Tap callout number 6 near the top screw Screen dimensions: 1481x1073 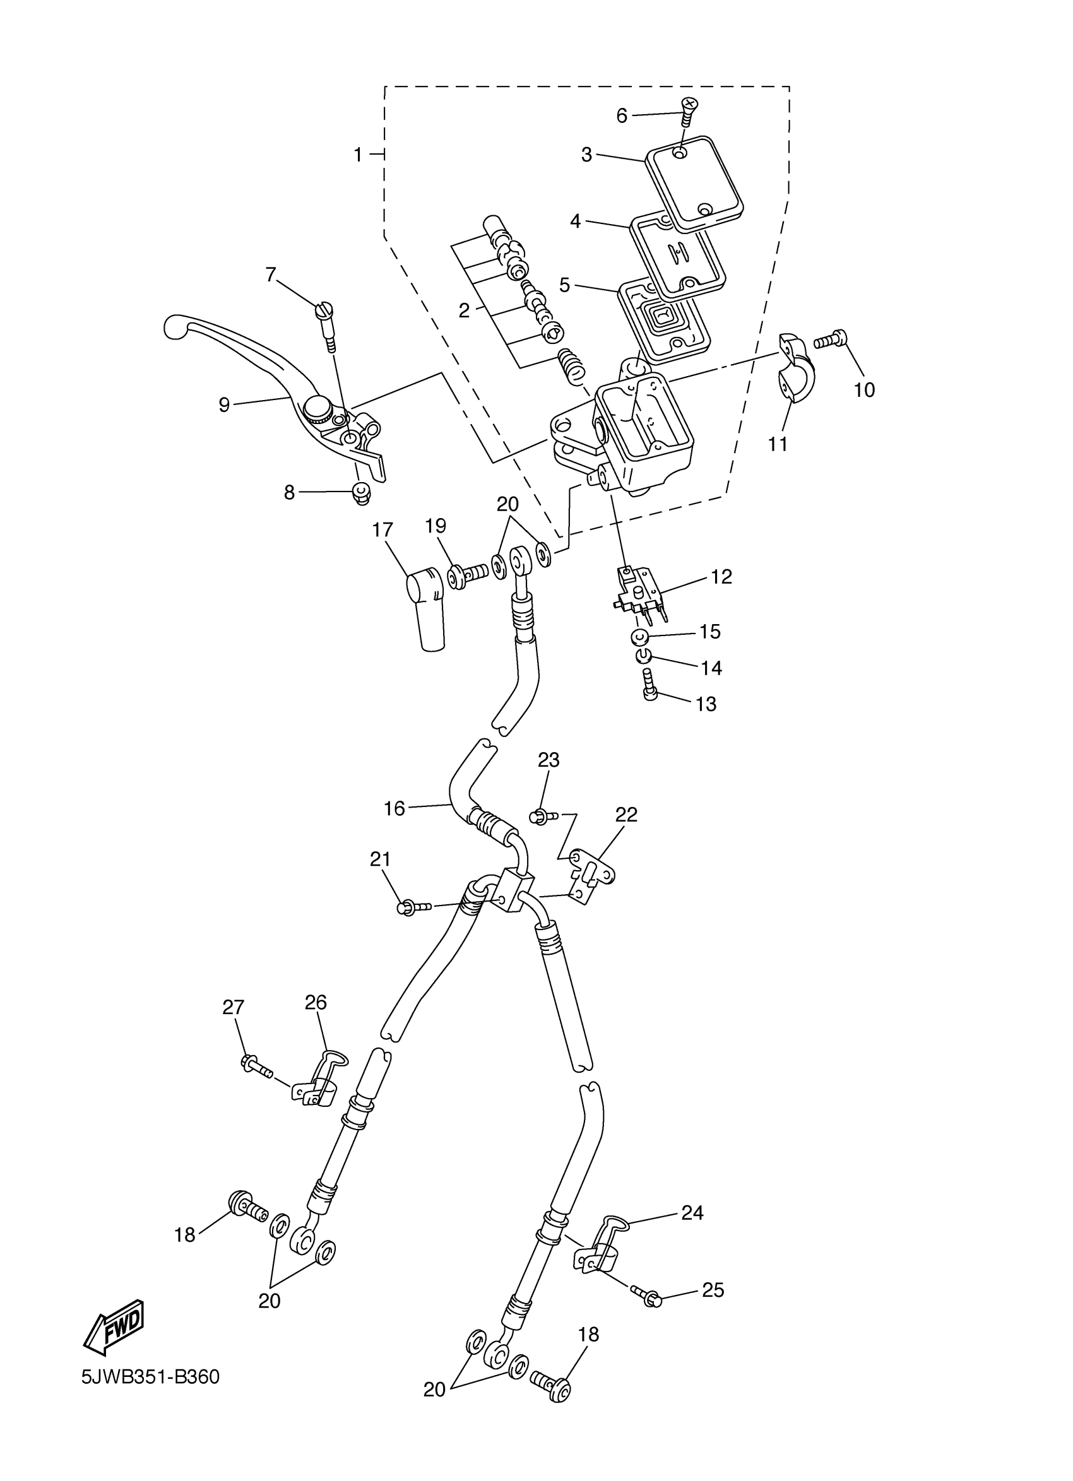point(621,116)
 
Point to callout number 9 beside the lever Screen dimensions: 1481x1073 point(224,405)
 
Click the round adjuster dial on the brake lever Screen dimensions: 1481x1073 point(318,410)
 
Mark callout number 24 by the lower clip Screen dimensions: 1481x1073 point(692,1213)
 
